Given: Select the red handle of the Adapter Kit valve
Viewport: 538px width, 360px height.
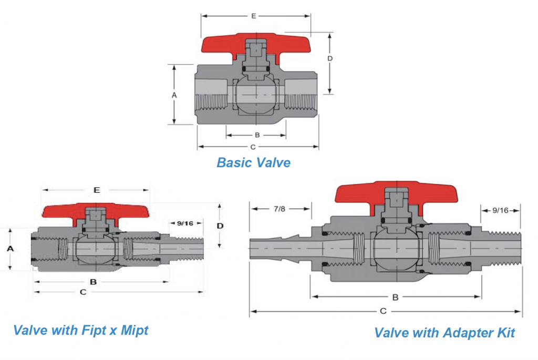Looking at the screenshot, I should point(357,193).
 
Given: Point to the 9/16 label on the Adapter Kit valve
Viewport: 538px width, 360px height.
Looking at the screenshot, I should point(500,210).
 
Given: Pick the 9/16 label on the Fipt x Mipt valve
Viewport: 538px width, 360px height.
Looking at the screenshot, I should point(185,223).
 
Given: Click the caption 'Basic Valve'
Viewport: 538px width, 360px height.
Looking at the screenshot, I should point(253,162).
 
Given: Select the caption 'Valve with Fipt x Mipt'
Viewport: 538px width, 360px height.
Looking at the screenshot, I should point(81,330).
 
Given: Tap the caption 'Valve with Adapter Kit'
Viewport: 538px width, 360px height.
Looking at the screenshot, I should point(444,332).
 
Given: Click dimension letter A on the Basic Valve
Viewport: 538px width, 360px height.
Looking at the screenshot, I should point(174,95).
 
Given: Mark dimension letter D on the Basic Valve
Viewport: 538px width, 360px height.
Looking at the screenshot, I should point(329,58).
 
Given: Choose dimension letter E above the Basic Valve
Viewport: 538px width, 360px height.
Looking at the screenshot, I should point(253,16).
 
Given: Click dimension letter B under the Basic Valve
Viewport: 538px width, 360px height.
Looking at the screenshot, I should point(257,135).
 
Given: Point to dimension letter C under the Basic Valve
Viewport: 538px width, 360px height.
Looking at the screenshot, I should point(253,147).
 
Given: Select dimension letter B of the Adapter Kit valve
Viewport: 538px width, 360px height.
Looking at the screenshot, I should point(395,297).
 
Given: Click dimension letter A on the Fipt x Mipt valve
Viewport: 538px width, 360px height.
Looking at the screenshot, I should point(9,249).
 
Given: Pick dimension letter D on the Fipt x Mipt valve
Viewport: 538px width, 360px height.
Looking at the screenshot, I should point(220,225).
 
